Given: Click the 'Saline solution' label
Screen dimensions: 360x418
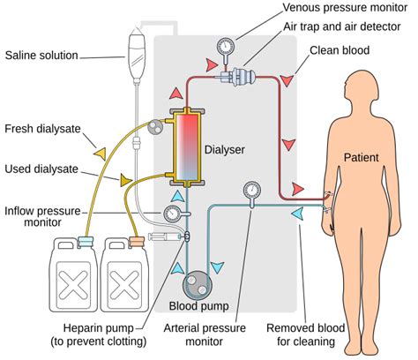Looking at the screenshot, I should (42, 56).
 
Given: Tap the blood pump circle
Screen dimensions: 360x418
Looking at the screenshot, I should (198, 285).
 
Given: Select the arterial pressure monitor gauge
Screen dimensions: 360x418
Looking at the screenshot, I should (250, 190).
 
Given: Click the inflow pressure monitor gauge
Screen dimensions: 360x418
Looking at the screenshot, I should (173, 213).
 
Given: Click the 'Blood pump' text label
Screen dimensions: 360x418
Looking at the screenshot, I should (198, 307).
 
